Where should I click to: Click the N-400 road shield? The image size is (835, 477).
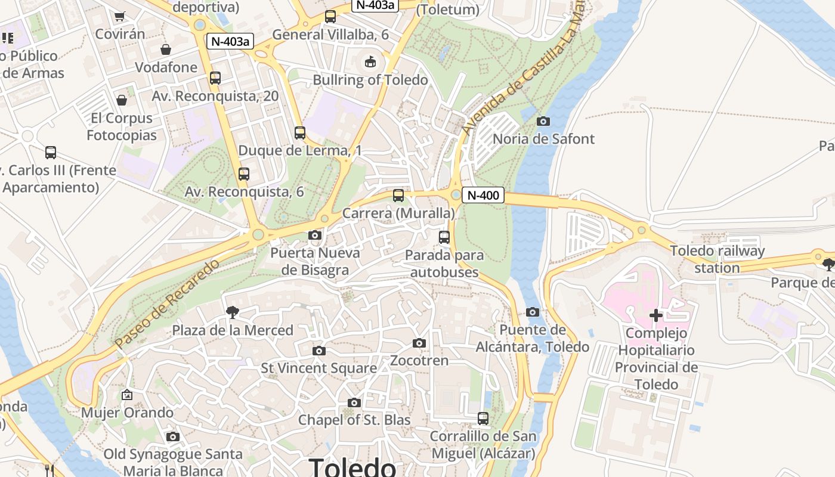point(483,195)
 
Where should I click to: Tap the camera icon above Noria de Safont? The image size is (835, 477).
point(543,122)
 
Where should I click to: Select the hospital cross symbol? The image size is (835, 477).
point(656,315)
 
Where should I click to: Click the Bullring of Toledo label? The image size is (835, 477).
point(370,80)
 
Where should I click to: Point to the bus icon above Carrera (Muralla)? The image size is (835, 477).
point(398,195)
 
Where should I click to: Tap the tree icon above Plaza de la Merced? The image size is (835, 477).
point(233,312)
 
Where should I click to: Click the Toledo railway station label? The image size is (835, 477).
point(717,259)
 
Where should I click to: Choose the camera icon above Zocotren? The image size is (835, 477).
point(419,343)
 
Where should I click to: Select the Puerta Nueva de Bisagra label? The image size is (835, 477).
point(315,261)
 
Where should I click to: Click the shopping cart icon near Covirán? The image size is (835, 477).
point(120,17)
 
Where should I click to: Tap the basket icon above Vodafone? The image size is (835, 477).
point(166,49)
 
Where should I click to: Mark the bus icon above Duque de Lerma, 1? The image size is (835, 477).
point(300,133)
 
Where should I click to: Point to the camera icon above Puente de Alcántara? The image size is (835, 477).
point(533,312)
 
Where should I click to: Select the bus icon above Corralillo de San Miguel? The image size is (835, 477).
point(483,419)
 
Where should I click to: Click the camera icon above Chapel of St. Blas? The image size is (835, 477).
point(354,403)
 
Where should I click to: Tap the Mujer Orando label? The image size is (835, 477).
point(127,413)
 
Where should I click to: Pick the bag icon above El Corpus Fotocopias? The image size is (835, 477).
point(122,100)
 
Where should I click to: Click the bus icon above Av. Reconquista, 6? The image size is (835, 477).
point(243,174)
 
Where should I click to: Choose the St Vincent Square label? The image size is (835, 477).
point(318,368)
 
